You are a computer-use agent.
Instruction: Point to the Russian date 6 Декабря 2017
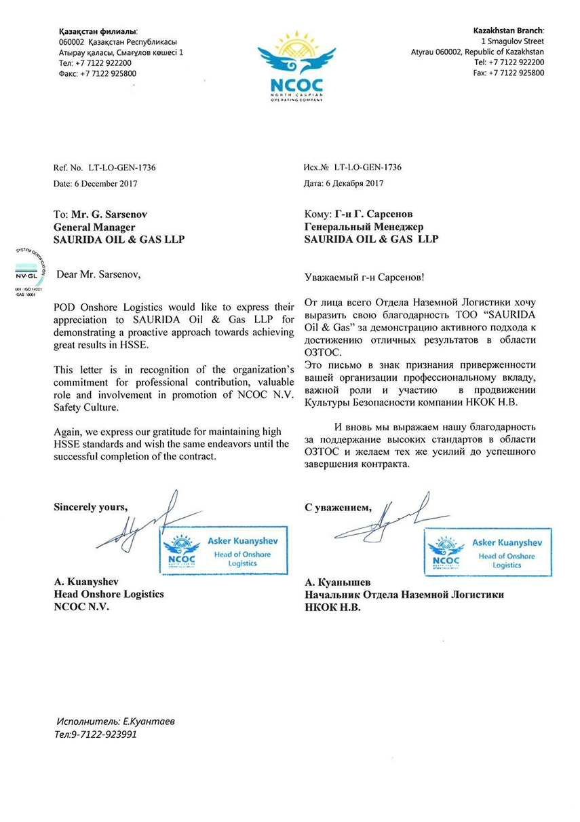[355, 183]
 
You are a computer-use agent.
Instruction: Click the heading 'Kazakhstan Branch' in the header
[508, 31]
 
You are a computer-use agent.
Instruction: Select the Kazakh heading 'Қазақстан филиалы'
[98, 31]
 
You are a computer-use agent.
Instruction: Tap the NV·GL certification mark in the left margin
[29, 276]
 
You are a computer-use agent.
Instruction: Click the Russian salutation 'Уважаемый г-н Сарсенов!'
[366, 278]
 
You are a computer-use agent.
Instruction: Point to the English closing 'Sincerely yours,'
[90, 507]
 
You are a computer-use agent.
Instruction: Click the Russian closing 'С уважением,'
[338, 507]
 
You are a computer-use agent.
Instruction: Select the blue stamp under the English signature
[223, 550]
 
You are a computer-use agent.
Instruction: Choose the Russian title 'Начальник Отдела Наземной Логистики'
[404, 595]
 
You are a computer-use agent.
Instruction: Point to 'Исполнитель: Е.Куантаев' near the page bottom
[115, 722]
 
